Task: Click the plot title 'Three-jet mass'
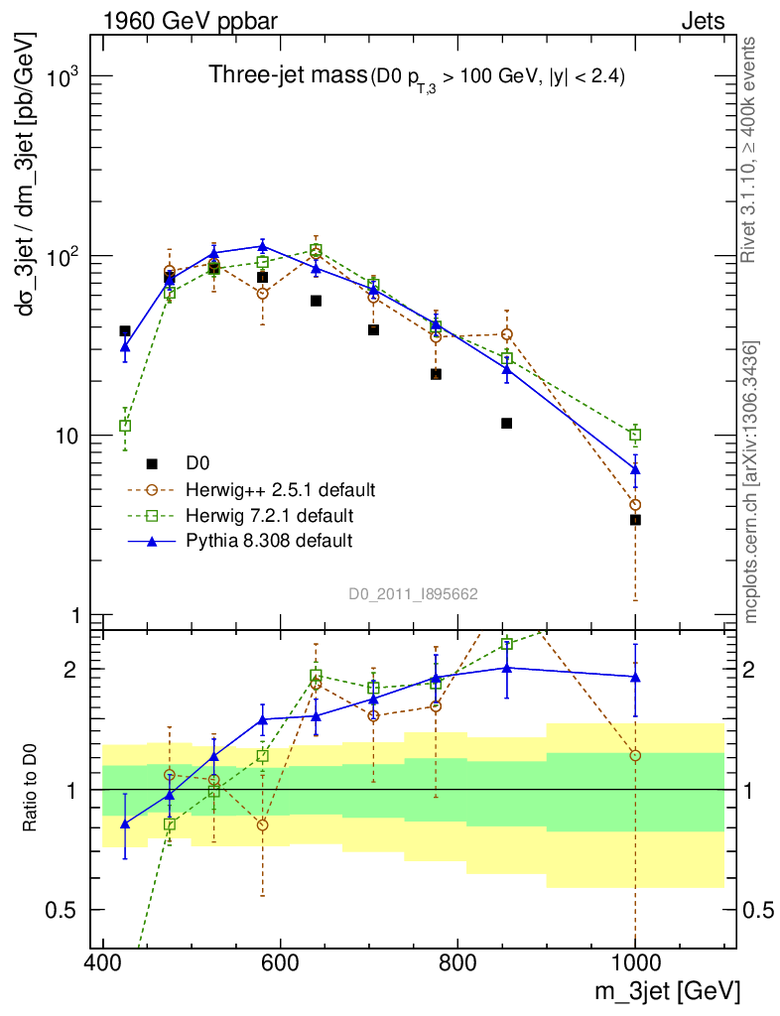coord(286,74)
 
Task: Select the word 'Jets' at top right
coord(703,21)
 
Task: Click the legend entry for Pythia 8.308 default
coord(268,540)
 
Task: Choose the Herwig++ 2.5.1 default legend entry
coord(280,489)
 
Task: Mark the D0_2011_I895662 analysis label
coord(414,594)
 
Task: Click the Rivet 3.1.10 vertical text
coord(750,149)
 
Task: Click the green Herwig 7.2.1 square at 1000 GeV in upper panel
coord(635,435)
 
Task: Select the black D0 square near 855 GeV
coord(507,423)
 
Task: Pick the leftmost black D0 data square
coord(125,330)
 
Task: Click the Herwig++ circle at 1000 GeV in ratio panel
coord(635,755)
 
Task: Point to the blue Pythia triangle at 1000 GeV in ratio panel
coord(635,677)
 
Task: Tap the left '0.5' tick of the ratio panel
coord(65,910)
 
